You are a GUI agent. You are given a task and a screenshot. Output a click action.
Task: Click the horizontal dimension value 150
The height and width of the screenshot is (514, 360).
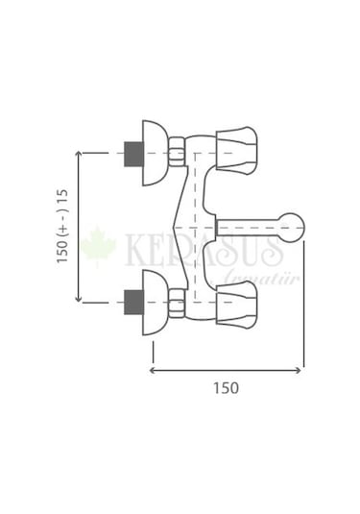coord(226,388)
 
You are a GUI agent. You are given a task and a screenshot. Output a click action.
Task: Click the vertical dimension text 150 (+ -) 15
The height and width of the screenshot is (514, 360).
coord(62,226)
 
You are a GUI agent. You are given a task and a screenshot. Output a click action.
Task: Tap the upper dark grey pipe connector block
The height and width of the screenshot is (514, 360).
coord(133,154)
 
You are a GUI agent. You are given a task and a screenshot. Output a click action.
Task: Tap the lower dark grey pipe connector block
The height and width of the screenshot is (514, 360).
coord(133,303)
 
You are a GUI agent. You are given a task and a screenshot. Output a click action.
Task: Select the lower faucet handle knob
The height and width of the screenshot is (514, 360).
coord(236,303)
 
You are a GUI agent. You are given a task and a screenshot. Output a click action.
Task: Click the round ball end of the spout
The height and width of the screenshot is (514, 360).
coord(291,228)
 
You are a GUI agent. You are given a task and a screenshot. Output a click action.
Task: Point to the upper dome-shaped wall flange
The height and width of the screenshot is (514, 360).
coord(155,153)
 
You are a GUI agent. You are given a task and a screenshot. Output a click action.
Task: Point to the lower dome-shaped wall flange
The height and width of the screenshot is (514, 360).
coord(155,303)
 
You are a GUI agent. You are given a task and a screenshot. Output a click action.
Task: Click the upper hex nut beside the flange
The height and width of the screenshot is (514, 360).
coord(177,153)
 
